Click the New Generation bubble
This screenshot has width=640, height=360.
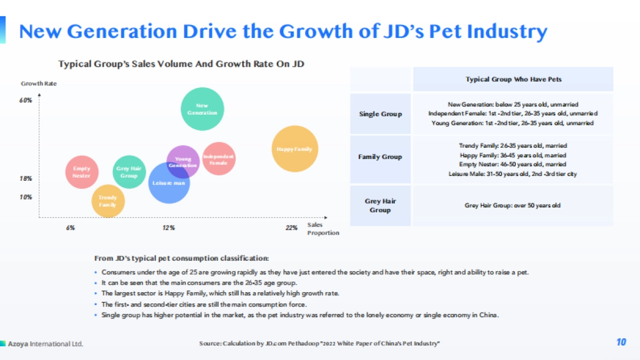pyautogui.click(x=202, y=109)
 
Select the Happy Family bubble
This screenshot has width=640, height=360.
pyautogui.click(x=294, y=149)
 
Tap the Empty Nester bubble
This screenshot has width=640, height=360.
pyautogui.click(x=82, y=172)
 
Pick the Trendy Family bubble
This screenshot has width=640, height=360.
pyautogui.click(x=108, y=201)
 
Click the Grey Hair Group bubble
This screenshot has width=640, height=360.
pyautogui.click(x=129, y=172)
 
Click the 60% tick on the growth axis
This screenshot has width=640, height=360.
pyautogui.click(x=26, y=100)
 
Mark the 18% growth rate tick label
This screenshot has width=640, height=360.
pyautogui.click(x=26, y=179)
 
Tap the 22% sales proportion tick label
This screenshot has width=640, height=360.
pyautogui.click(x=291, y=228)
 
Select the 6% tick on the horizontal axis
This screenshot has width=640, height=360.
pyautogui.click(x=70, y=228)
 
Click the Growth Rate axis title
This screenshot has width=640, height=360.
pyautogui.click(x=38, y=83)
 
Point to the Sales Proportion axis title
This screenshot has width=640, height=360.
pyautogui.click(x=323, y=229)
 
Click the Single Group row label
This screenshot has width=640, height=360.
pyautogui.click(x=380, y=114)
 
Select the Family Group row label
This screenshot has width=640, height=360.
pyautogui.click(x=380, y=157)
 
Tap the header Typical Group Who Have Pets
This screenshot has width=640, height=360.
pyautogui.click(x=513, y=79)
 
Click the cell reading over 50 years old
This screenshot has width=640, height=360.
pyautogui.click(x=513, y=205)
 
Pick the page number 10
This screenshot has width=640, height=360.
pyautogui.click(x=621, y=342)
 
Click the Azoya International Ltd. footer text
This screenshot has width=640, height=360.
pyautogui.click(x=45, y=343)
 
